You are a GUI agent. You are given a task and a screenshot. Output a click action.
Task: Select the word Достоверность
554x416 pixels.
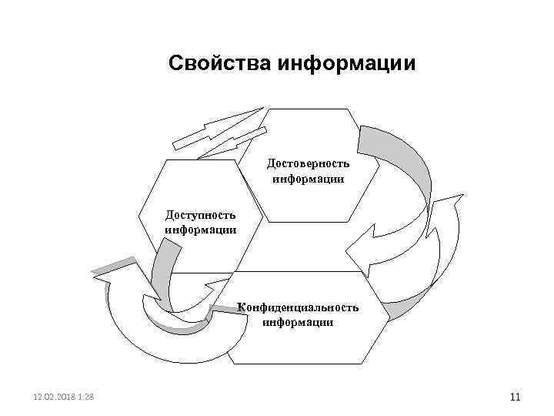[308, 163]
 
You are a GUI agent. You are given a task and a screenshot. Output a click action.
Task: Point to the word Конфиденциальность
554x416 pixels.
[298, 307]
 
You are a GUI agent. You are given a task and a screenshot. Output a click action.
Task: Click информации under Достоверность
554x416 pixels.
[308, 178]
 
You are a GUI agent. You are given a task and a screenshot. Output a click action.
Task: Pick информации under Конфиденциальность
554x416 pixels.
[298, 322]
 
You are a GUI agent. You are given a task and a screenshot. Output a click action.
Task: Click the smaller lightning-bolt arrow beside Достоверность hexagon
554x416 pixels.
[235, 145]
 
